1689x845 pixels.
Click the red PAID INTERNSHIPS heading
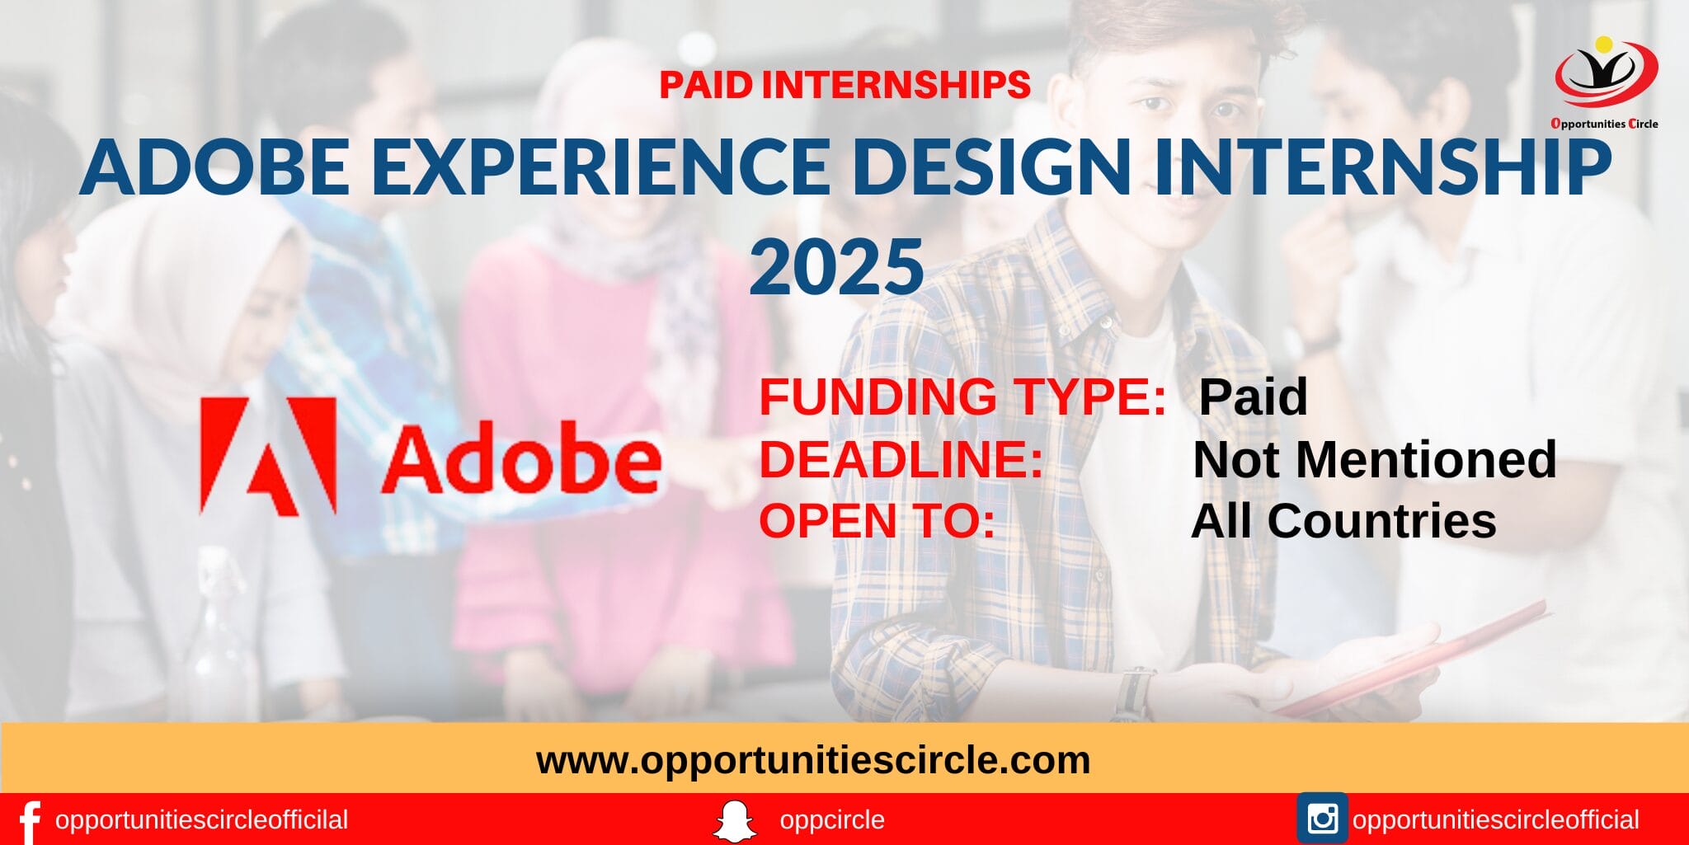pos(844,85)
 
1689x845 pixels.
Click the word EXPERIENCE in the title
pos(600,167)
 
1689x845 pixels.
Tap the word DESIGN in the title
pos(990,167)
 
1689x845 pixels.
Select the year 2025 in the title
pos(836,266)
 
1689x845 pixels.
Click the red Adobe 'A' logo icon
pos(268,456)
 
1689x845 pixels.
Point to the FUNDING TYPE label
pos(962,397)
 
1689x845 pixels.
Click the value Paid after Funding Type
pos(1252,397)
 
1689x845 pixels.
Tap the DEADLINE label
pos(901,459)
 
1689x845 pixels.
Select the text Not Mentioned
pos(1374,459)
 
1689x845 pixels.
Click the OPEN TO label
pos(877,521)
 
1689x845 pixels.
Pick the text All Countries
pos(1343,521)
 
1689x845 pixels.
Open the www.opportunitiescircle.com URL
pos(813,759)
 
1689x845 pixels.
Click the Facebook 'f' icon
pos(29,821)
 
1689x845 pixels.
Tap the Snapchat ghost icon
pos(734,821)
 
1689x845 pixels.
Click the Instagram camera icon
pos(1322,819)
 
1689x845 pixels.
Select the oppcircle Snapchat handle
pos(831,820)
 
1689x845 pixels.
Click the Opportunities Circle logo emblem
pos(1605,74)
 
